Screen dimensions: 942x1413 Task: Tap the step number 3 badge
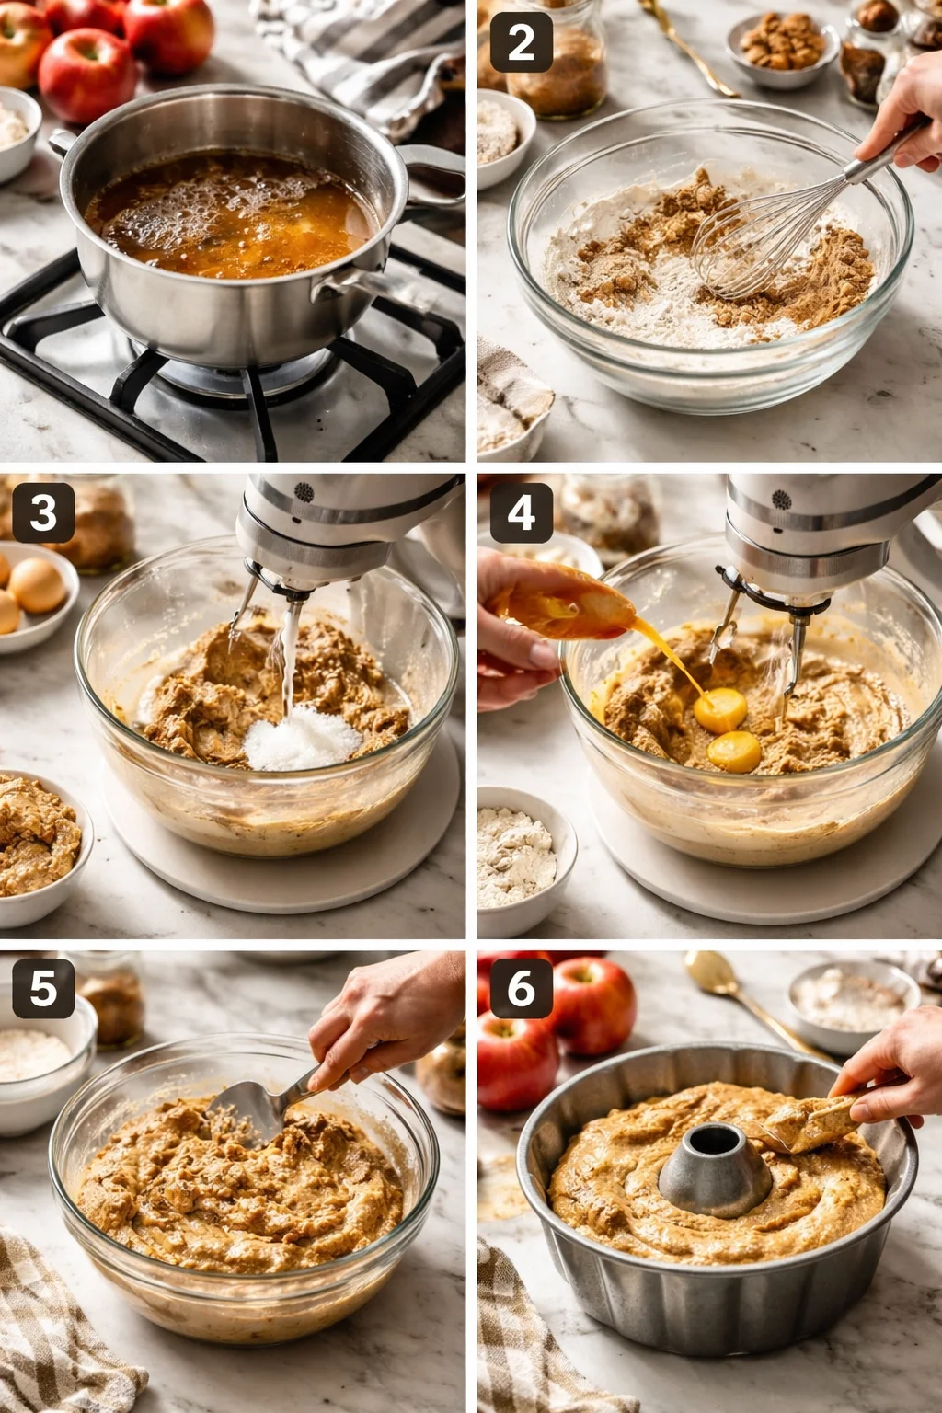(x=43, y=512)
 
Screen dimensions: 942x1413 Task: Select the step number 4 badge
(x=522, y=512)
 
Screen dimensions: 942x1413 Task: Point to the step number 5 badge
(x=43, y=988)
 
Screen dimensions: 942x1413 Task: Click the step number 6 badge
(x=522, y=988)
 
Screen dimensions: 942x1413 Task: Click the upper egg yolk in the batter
(x=720, y=710)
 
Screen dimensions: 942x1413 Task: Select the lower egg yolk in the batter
(x=734, y=752)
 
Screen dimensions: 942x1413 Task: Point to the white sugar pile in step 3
(x=303, y=738)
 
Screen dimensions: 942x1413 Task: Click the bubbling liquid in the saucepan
(x=230, y=214)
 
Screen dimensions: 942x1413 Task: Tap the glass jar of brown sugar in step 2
(x=557, y=60)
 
